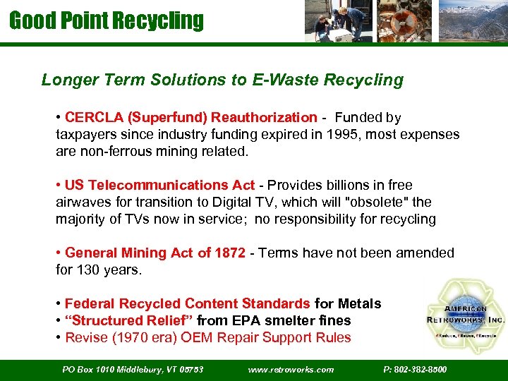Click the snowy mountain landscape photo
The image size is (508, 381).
click(471, 21)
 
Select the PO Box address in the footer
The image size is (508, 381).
click(133, 369)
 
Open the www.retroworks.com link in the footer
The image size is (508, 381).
click(291, 369)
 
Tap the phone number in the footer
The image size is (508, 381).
click(414, 369)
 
